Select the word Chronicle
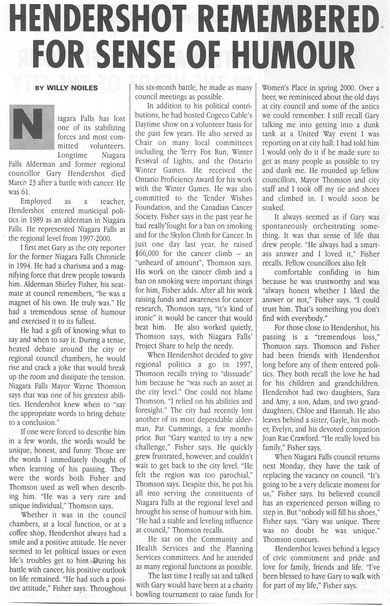[x=108, y=257]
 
